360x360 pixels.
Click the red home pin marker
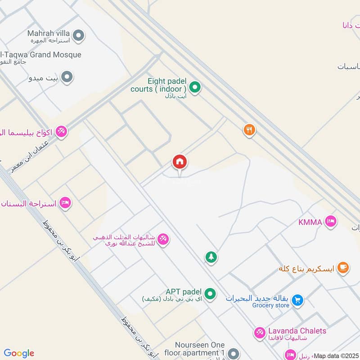[x=180, y=162]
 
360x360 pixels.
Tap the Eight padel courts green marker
[x=194, y=87]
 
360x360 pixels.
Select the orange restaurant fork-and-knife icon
[x=249, y=130]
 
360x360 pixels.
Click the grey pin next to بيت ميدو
[x=67, y=77]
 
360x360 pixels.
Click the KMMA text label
[x=310, y=222]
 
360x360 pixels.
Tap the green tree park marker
[x=211, y=257]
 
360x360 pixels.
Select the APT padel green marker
[x=209, y=294]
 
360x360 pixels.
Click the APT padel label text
[x=184, y=292]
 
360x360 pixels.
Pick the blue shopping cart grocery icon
[x=297, y=300]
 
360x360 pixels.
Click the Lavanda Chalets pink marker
[x=260, y=333]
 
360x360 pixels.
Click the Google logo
[x=19, y=353]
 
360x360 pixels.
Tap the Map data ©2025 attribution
[x=336, y=356]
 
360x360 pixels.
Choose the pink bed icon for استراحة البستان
[x=65, y=202]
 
